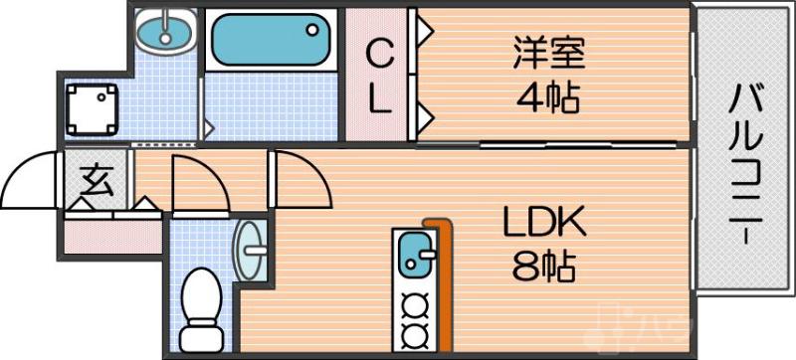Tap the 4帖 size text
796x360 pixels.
[548, 98]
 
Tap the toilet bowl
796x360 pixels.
[204, 298]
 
